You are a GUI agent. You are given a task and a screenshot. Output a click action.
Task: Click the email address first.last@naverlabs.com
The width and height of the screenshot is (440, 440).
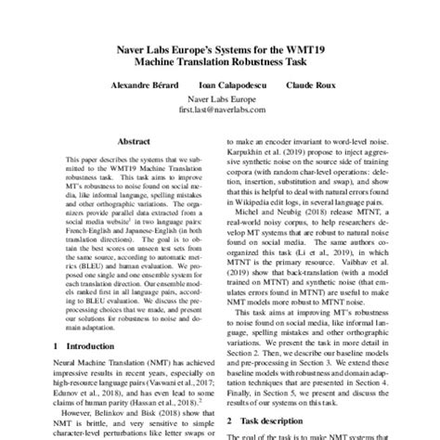[220, 109]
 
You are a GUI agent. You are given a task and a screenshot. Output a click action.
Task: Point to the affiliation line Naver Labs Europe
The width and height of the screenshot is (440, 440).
[220, 97]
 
